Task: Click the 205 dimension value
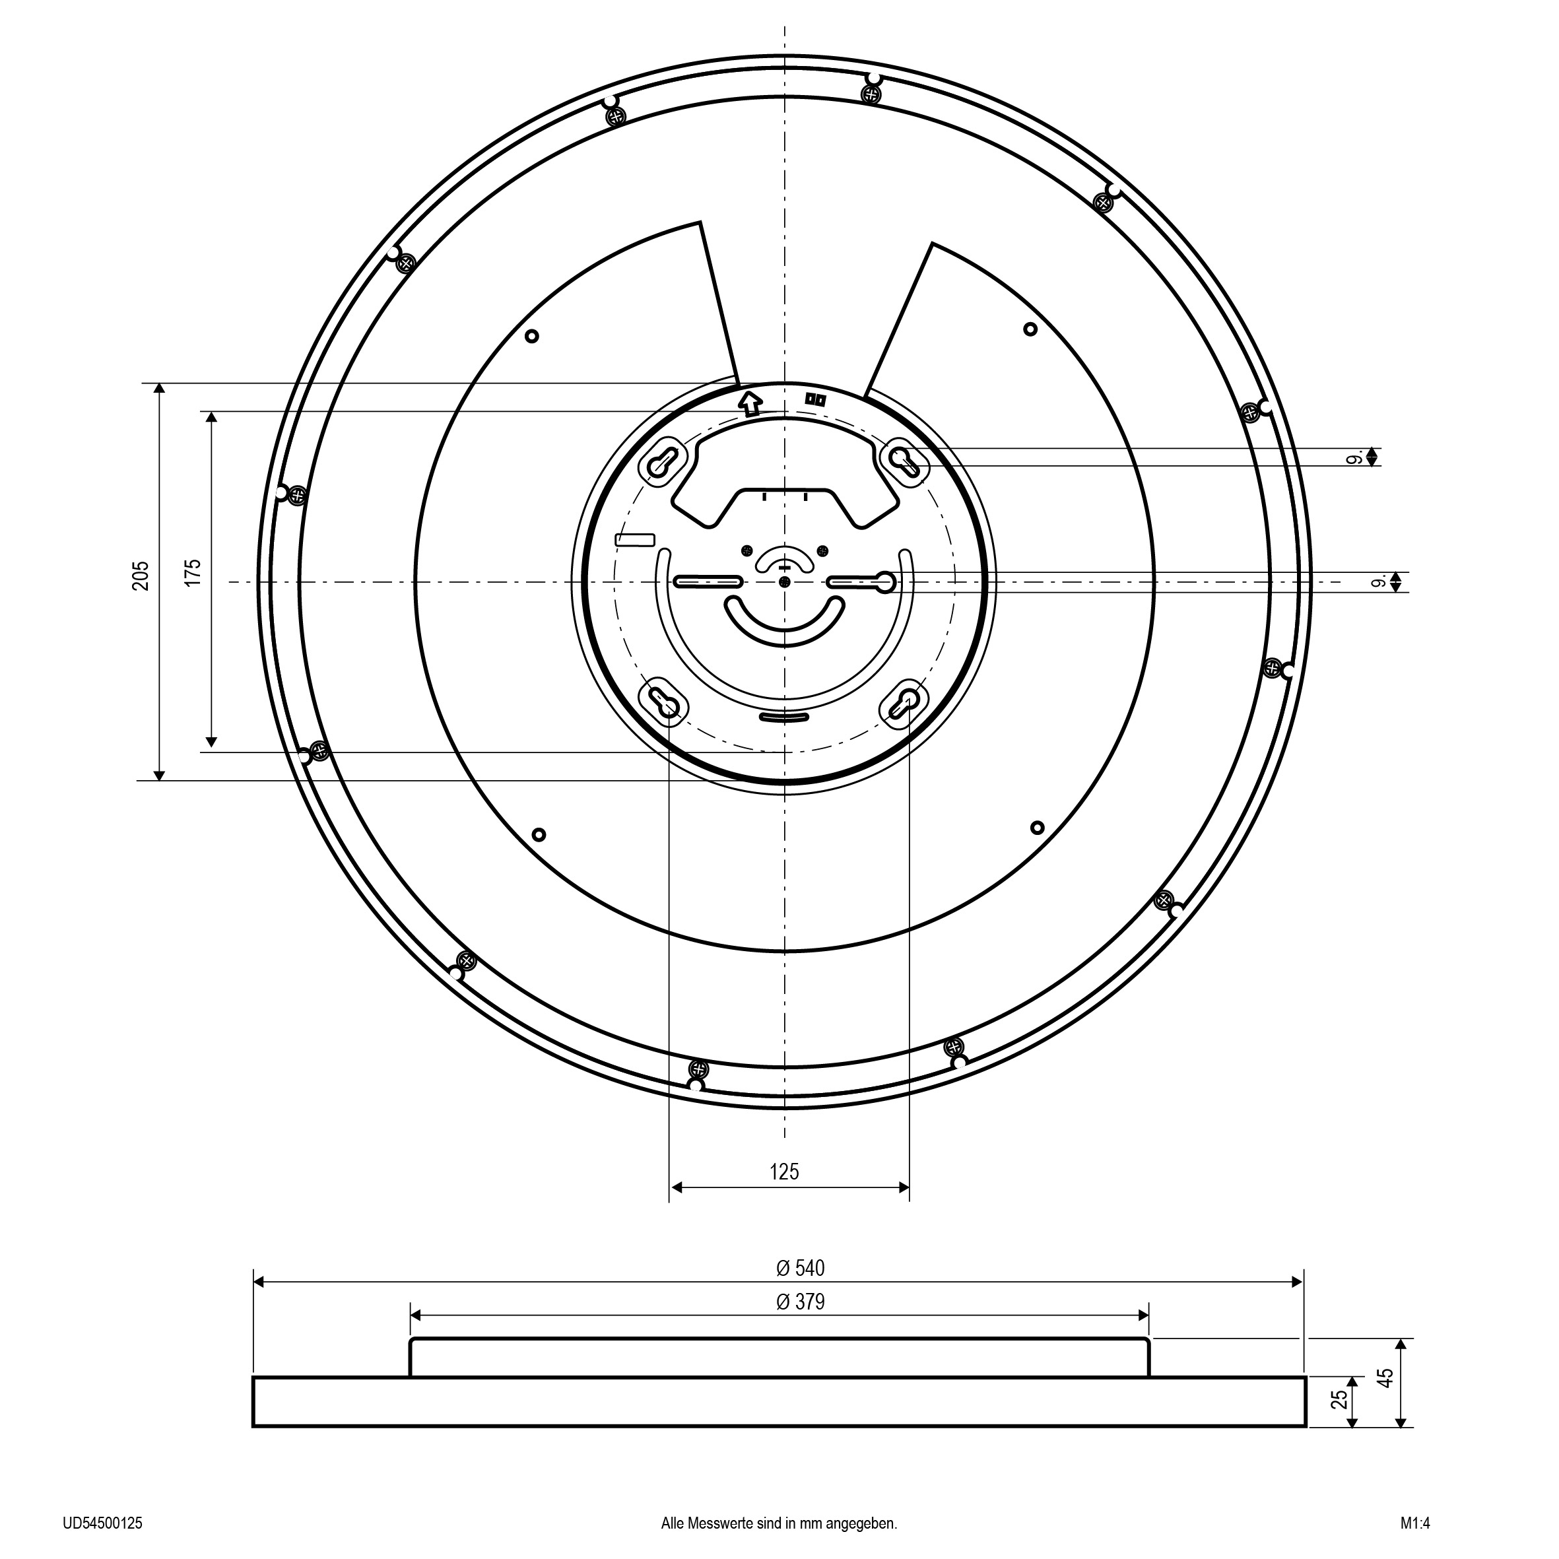pos(141,576)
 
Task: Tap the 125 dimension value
pos(783,1171)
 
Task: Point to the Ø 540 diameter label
pos(801,1268)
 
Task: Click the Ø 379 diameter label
pos(801,1302)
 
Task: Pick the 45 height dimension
pos(1385,1377)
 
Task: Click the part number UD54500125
pos(102,1523)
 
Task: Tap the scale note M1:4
pos(1415,1523)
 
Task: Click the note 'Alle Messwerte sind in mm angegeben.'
pos(779,1523)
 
